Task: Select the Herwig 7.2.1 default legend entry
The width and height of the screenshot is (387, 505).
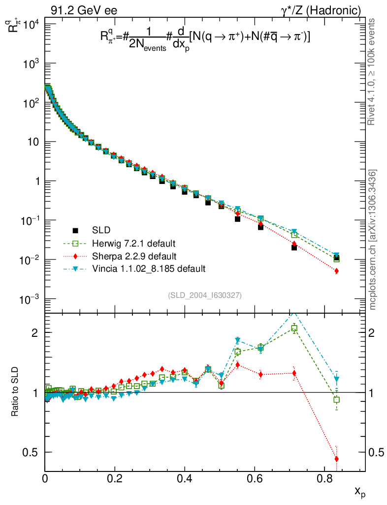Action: tap(134, 243)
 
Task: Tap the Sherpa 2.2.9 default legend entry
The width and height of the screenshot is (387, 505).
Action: tap(134, 256)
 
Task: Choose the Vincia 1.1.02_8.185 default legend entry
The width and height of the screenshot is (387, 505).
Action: tap(148, 269)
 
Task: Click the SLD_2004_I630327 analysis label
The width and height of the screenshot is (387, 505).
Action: tap(204, 295)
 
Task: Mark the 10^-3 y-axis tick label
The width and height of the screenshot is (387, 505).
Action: tap(32, 299)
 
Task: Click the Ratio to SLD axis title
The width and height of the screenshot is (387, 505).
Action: tap(15, 392)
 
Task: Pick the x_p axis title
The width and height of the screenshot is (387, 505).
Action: tap(359, 492)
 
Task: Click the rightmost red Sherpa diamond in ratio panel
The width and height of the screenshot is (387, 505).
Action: tap(337, 459)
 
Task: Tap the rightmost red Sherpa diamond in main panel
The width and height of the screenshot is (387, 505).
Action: tap(337, 271)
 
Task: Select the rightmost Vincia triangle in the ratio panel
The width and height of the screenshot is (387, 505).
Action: tap(337, 379)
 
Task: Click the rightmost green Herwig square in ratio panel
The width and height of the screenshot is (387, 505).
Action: tap(337, 400)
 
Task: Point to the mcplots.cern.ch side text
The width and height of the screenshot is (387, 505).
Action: tap(373, 240)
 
